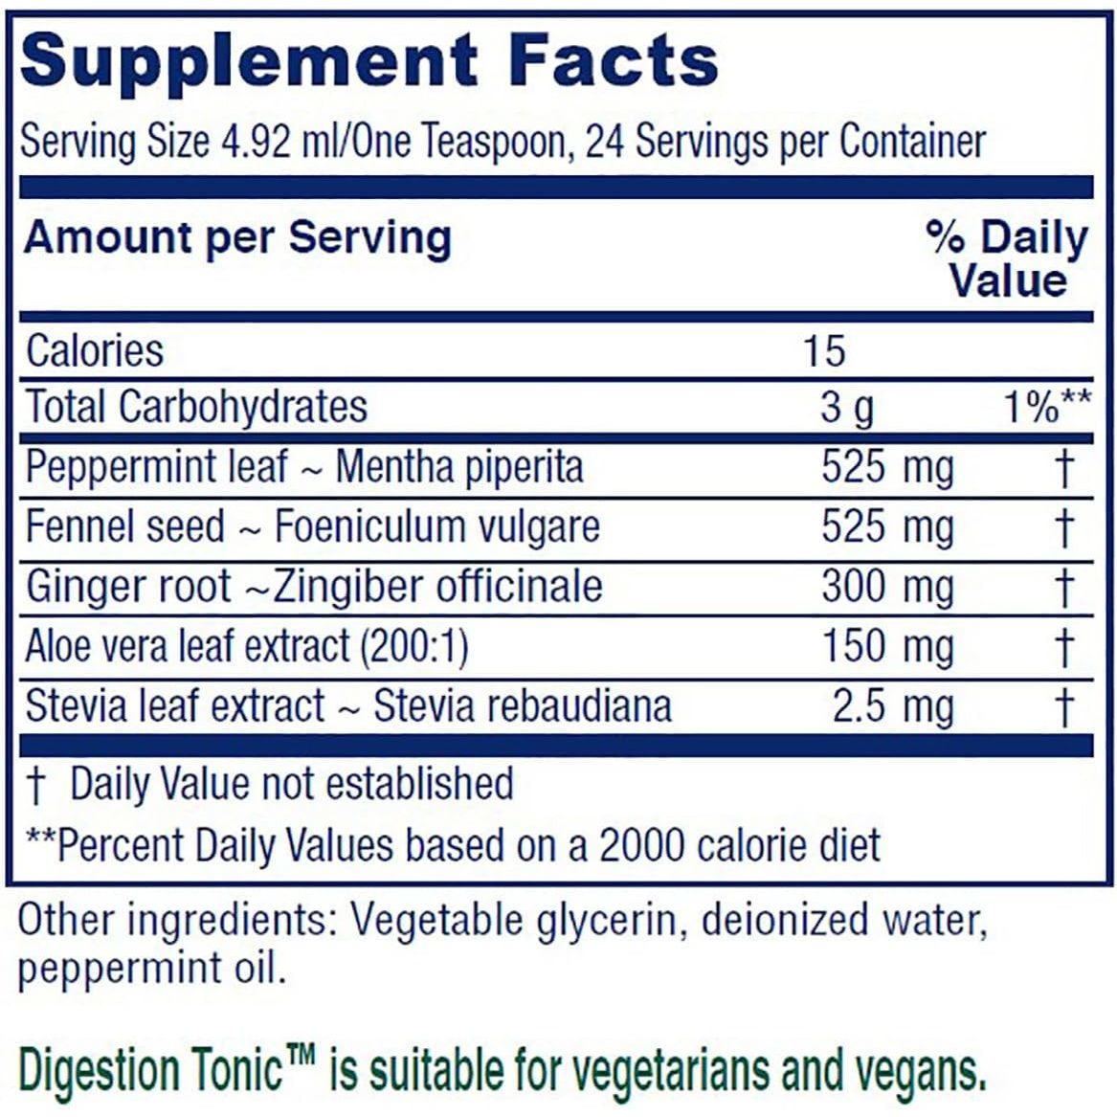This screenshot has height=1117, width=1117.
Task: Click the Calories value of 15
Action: click(823, 350)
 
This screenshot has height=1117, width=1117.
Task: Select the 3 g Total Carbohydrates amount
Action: click(846, 408)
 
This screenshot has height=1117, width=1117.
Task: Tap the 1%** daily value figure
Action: click(1045, 408)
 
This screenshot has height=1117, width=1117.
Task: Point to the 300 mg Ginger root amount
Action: click(886, 587)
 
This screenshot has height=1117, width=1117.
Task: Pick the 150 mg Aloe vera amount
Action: click(886, 647)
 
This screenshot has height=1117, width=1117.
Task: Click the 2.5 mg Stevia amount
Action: click(892, 706)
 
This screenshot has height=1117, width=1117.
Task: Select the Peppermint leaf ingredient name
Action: click(156, 467)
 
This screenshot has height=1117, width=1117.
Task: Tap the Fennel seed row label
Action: click(124, 527)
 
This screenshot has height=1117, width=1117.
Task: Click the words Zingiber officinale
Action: click(438, 587)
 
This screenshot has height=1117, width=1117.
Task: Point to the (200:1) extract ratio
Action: click(413, 647)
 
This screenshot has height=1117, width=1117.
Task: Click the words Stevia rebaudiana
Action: click(522, 706)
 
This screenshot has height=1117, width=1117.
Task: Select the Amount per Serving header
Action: click(236, 237)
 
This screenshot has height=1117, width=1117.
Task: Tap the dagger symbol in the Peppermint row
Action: click(1063, 468)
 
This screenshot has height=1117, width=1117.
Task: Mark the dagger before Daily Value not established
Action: click(35, 785)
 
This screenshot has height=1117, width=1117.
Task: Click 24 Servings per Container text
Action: click(785, 143)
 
